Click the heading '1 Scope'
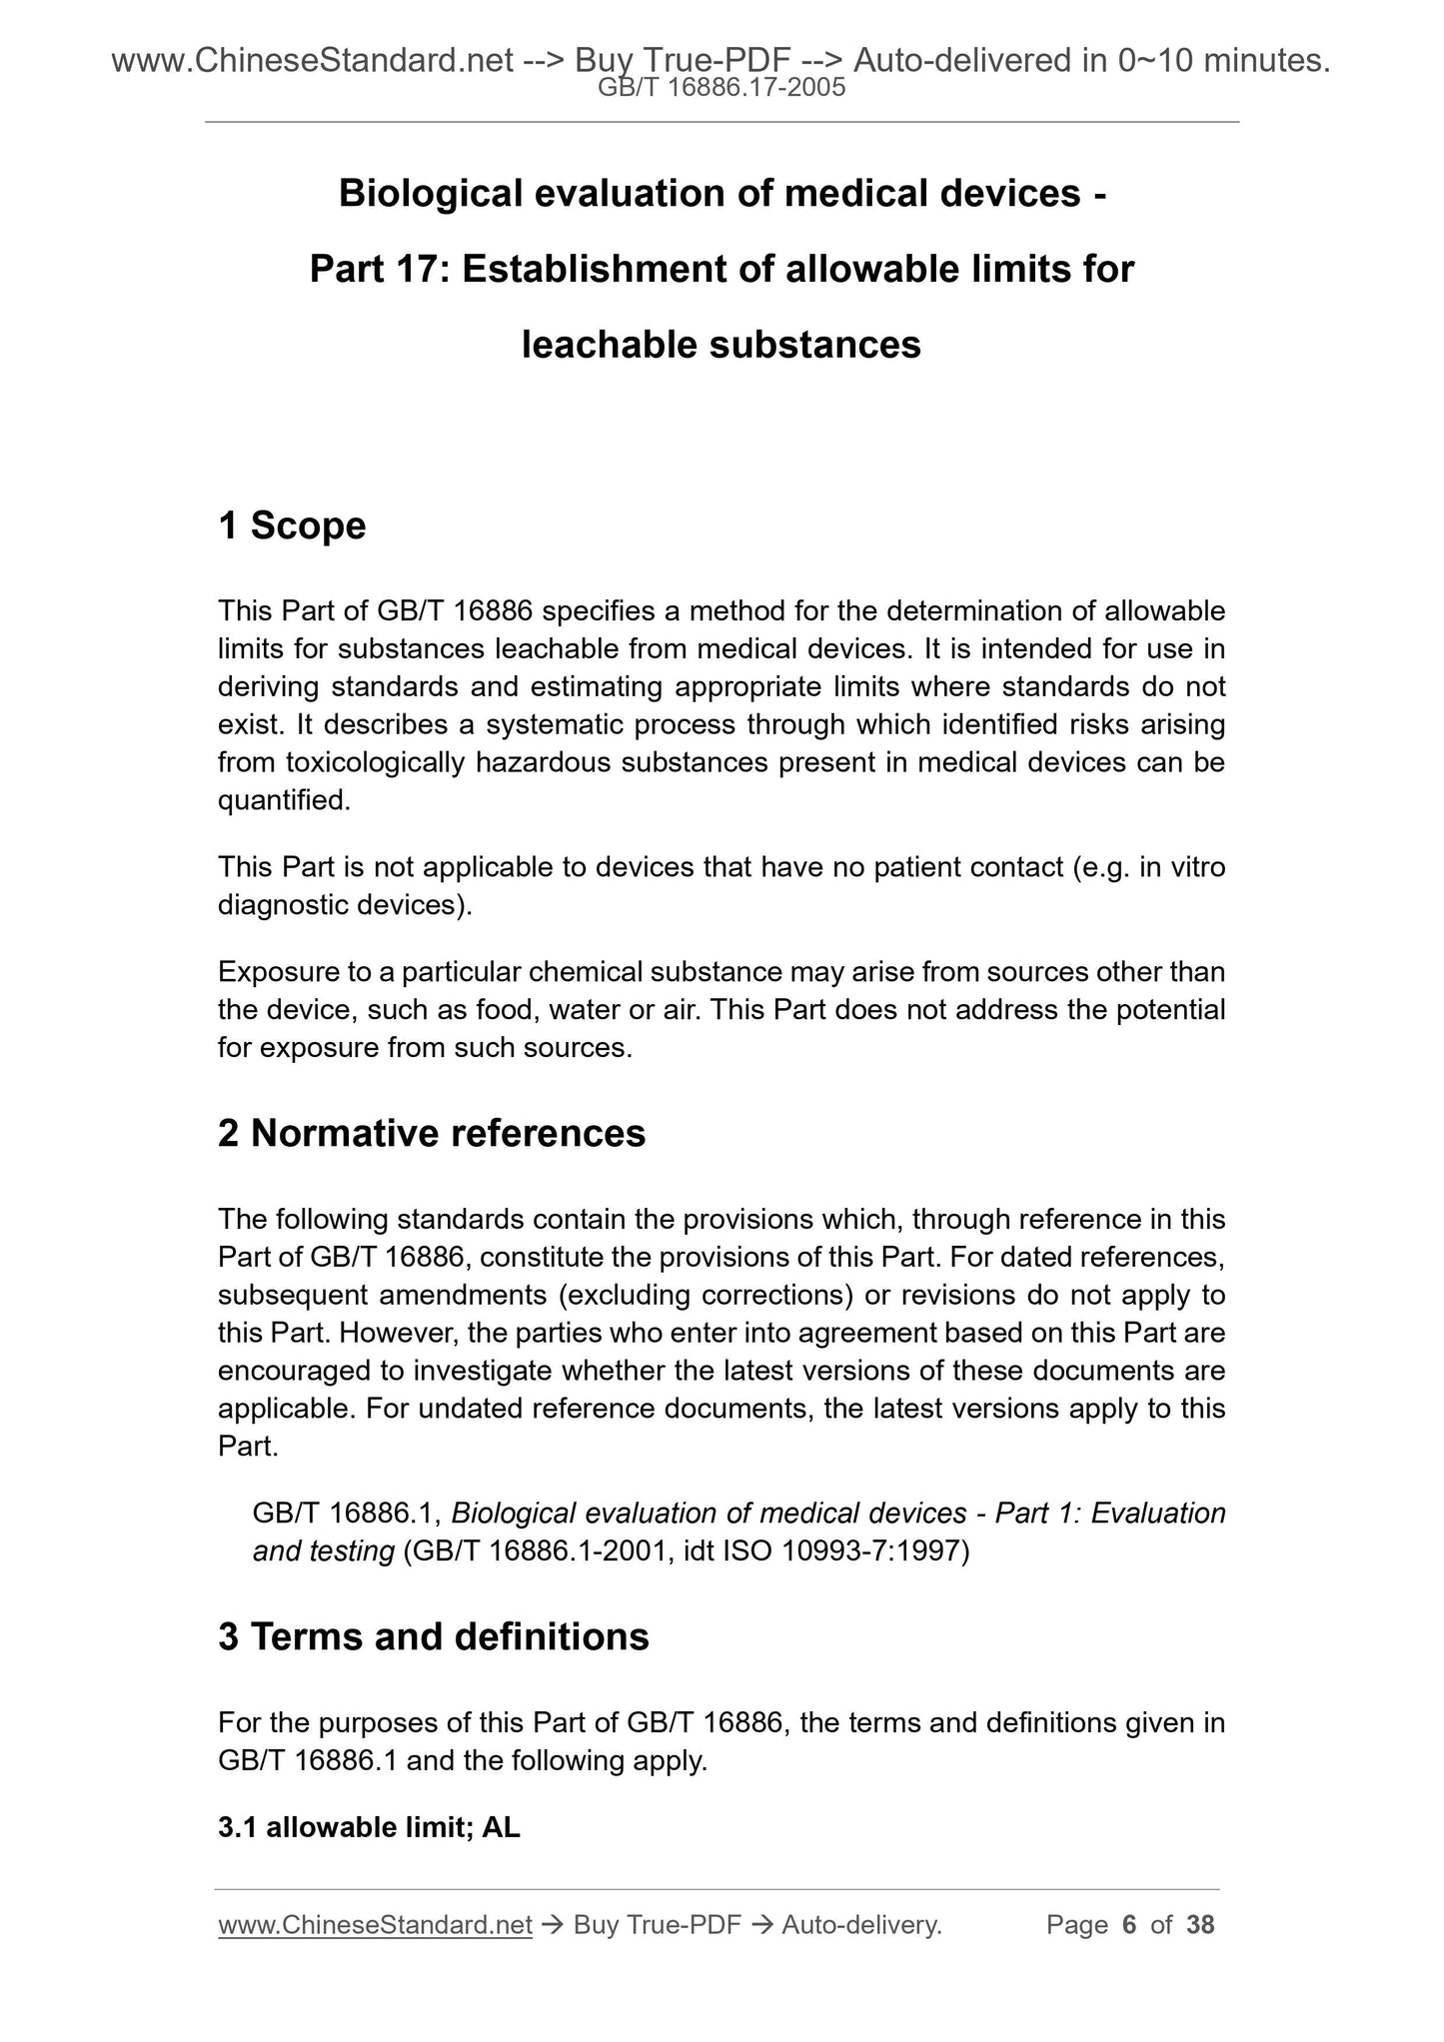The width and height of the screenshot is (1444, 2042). [292, 525]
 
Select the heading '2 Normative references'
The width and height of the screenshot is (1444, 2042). [432, 1133]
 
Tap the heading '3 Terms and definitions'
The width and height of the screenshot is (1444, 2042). [434, 1636]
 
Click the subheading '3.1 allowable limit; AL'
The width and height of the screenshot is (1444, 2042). [369, 1827]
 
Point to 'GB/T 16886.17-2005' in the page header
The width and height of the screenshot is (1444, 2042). [722, 89]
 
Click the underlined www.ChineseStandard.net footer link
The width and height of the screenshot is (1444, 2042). [375, 1924]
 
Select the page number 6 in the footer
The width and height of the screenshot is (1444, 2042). [1130, 1924]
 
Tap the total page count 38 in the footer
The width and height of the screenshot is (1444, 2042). [1200, 1924]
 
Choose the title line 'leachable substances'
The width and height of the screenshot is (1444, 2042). [722, 345]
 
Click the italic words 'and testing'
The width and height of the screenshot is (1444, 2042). [323, 1551]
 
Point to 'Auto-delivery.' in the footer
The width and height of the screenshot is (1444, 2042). [861, 1924]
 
